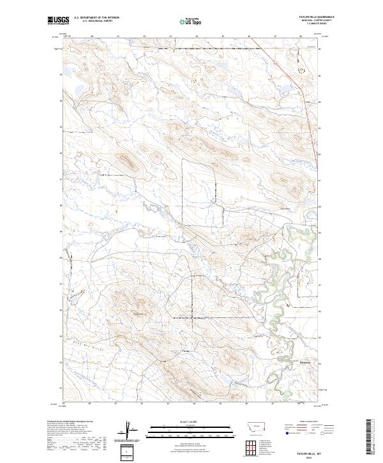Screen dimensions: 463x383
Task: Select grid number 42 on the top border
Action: [144, 36]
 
